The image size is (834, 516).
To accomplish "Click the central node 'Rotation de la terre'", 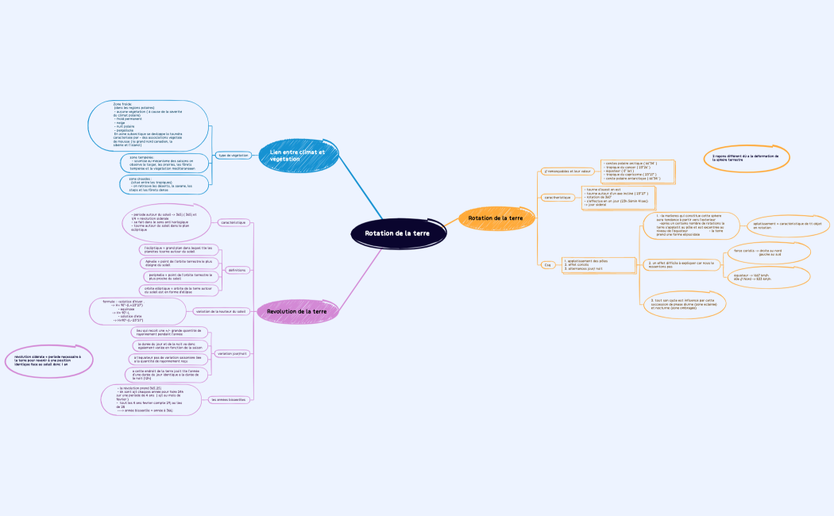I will point(397,233).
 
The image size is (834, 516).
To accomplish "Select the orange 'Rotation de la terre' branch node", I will point(496,218).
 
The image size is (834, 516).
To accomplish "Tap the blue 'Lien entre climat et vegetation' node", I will point(298,155).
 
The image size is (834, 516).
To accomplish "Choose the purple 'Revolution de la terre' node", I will point(297,311).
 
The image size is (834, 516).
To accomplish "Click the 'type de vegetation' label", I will point(234,155).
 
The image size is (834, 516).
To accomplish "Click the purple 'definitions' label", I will point(237,270).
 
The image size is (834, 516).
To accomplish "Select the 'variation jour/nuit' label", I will point(232,352).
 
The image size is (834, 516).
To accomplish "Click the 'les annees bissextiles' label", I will point(228,399).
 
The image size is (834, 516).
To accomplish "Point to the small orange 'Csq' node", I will point(547,264).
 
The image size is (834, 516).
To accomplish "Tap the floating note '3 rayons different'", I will point(746,157).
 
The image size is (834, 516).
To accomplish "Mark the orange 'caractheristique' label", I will point(558,197).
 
